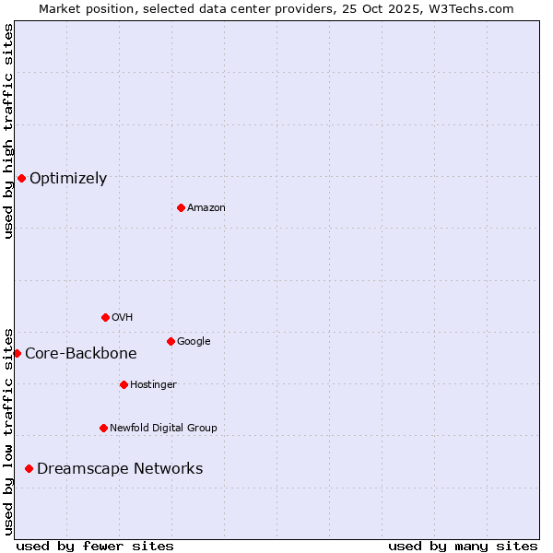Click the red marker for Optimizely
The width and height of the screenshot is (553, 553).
pos(21,178)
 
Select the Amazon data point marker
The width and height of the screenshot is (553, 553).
pos(181,207)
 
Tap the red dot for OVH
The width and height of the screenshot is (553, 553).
pos(105,317)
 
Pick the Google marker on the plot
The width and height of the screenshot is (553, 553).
pos(171,341)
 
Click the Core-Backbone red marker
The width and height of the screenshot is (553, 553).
pos(17,353)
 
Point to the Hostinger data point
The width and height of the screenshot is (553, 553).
pos(124,384)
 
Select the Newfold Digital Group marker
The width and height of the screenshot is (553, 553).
pos(103,428)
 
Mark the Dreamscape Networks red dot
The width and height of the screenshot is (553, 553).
pos(29,468)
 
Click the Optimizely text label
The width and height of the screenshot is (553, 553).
pos(68,179)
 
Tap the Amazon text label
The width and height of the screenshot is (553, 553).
pos(206,208)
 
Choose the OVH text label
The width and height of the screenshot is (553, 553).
pos(123,318)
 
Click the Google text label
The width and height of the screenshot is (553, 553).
pos(194,342)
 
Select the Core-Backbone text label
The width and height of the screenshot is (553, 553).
pos(81,354)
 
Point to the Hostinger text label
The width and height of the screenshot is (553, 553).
pos(153,385)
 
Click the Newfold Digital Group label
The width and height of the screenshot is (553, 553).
pos(163,429)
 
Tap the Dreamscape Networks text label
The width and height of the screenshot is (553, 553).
pos(120,469)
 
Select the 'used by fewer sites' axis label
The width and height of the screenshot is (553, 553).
pos(95,546)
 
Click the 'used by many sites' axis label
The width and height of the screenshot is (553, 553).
pos(463,546)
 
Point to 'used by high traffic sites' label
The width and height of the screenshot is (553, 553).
pos(8,131)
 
